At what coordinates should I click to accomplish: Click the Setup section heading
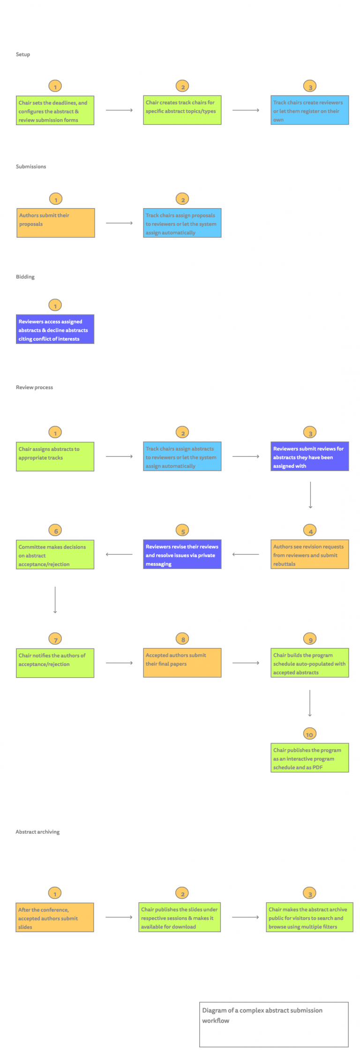(23, 54)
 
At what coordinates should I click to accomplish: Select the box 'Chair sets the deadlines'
(55, 111)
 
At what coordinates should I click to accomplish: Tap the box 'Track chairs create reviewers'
(309, 110)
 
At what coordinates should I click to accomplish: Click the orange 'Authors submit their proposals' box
(56, 223)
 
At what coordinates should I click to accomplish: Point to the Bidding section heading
(25, 277)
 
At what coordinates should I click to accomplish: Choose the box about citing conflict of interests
(55, 329)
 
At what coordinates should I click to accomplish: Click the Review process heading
(34, 387)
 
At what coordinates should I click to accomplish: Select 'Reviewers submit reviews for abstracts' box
(309, 456)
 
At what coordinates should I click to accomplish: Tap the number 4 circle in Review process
(310, 531)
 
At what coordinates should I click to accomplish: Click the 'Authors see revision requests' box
(309, 554)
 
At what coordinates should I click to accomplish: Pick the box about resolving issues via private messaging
(182, 554)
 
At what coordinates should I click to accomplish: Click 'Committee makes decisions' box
(55, 554)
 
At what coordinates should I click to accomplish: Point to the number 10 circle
(309, 734)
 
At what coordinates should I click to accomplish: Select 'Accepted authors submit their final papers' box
(182, 663)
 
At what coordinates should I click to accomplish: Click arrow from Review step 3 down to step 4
(310, 495)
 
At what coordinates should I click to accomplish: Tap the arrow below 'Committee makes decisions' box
(55, 600)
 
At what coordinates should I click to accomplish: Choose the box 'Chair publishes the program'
(309, 758)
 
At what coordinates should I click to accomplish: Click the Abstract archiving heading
(37, 832)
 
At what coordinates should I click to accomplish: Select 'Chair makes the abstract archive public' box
(309, 918)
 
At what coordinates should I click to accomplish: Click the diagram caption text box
(274, 1024)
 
